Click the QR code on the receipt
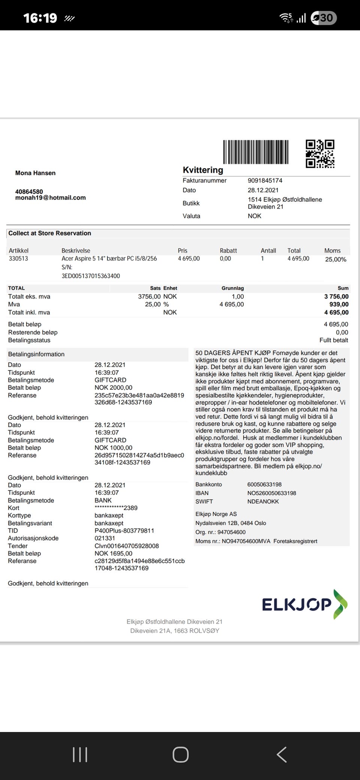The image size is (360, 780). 320,154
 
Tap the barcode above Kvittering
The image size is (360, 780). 256,152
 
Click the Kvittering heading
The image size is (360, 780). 203,170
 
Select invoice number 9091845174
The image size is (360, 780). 265,180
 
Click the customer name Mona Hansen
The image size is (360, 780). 35,173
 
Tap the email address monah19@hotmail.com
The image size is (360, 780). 50,198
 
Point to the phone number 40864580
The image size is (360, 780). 29,192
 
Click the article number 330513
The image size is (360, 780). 18,258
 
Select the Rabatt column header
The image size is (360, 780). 228,250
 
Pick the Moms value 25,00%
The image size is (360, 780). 336,259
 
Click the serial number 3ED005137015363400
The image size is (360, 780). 91,276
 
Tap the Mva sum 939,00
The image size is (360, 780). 339,304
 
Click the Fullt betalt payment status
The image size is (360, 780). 334,340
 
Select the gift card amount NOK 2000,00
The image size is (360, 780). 113,387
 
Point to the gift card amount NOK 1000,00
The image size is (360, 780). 113,448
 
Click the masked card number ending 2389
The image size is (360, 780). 116,508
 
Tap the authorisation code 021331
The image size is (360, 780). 105,538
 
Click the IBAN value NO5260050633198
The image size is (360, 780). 271,493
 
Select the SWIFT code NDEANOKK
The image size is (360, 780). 263,501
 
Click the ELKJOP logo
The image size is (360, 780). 304,604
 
